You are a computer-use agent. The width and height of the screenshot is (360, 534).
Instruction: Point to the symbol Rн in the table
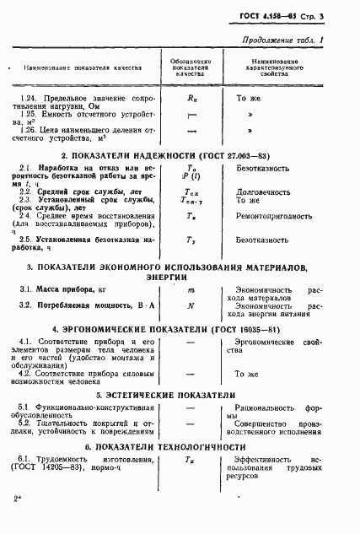tap(190, 99)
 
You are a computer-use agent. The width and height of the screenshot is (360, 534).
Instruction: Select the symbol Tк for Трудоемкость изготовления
tap(190, 459)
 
